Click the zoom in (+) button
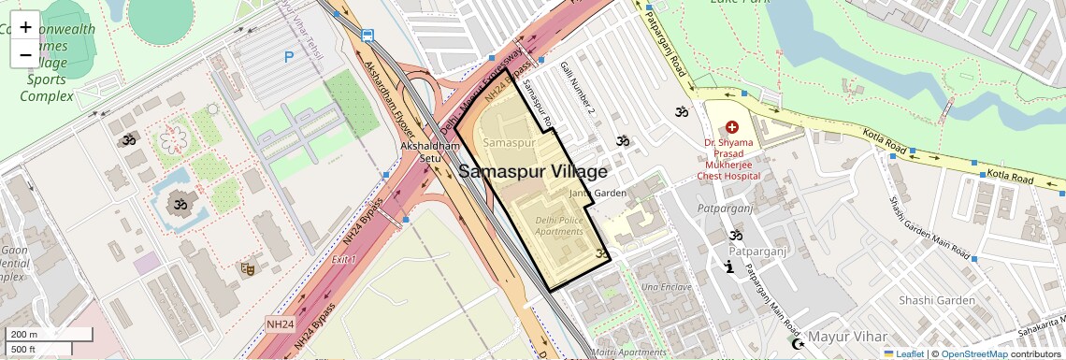[x=25, y=26]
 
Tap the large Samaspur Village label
[x=533, y=172]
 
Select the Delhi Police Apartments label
[x=558, y=225]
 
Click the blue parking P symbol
[x=289, y=57]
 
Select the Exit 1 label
[x=343, y=259]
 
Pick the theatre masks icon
[x=248, y=268]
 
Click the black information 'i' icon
[x=728, y=267]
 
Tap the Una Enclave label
[x=667, y=286]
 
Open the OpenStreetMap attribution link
[x=973, y=353]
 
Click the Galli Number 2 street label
[x=578, y=89]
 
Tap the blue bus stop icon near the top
[x=368, y=36]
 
